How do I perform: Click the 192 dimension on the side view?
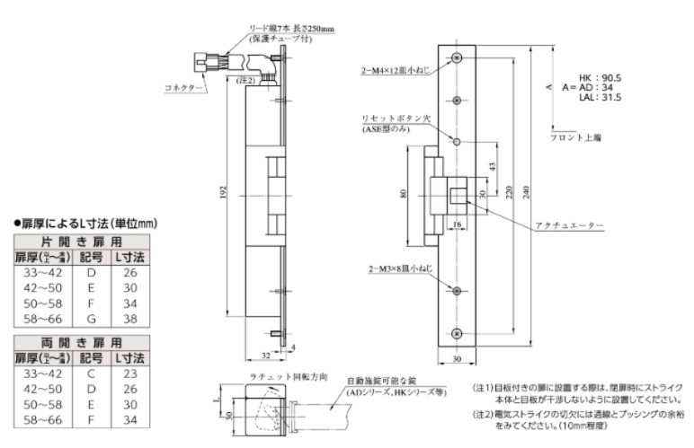(x=223, y=192)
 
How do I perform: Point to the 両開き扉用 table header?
(x=82, y=342)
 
